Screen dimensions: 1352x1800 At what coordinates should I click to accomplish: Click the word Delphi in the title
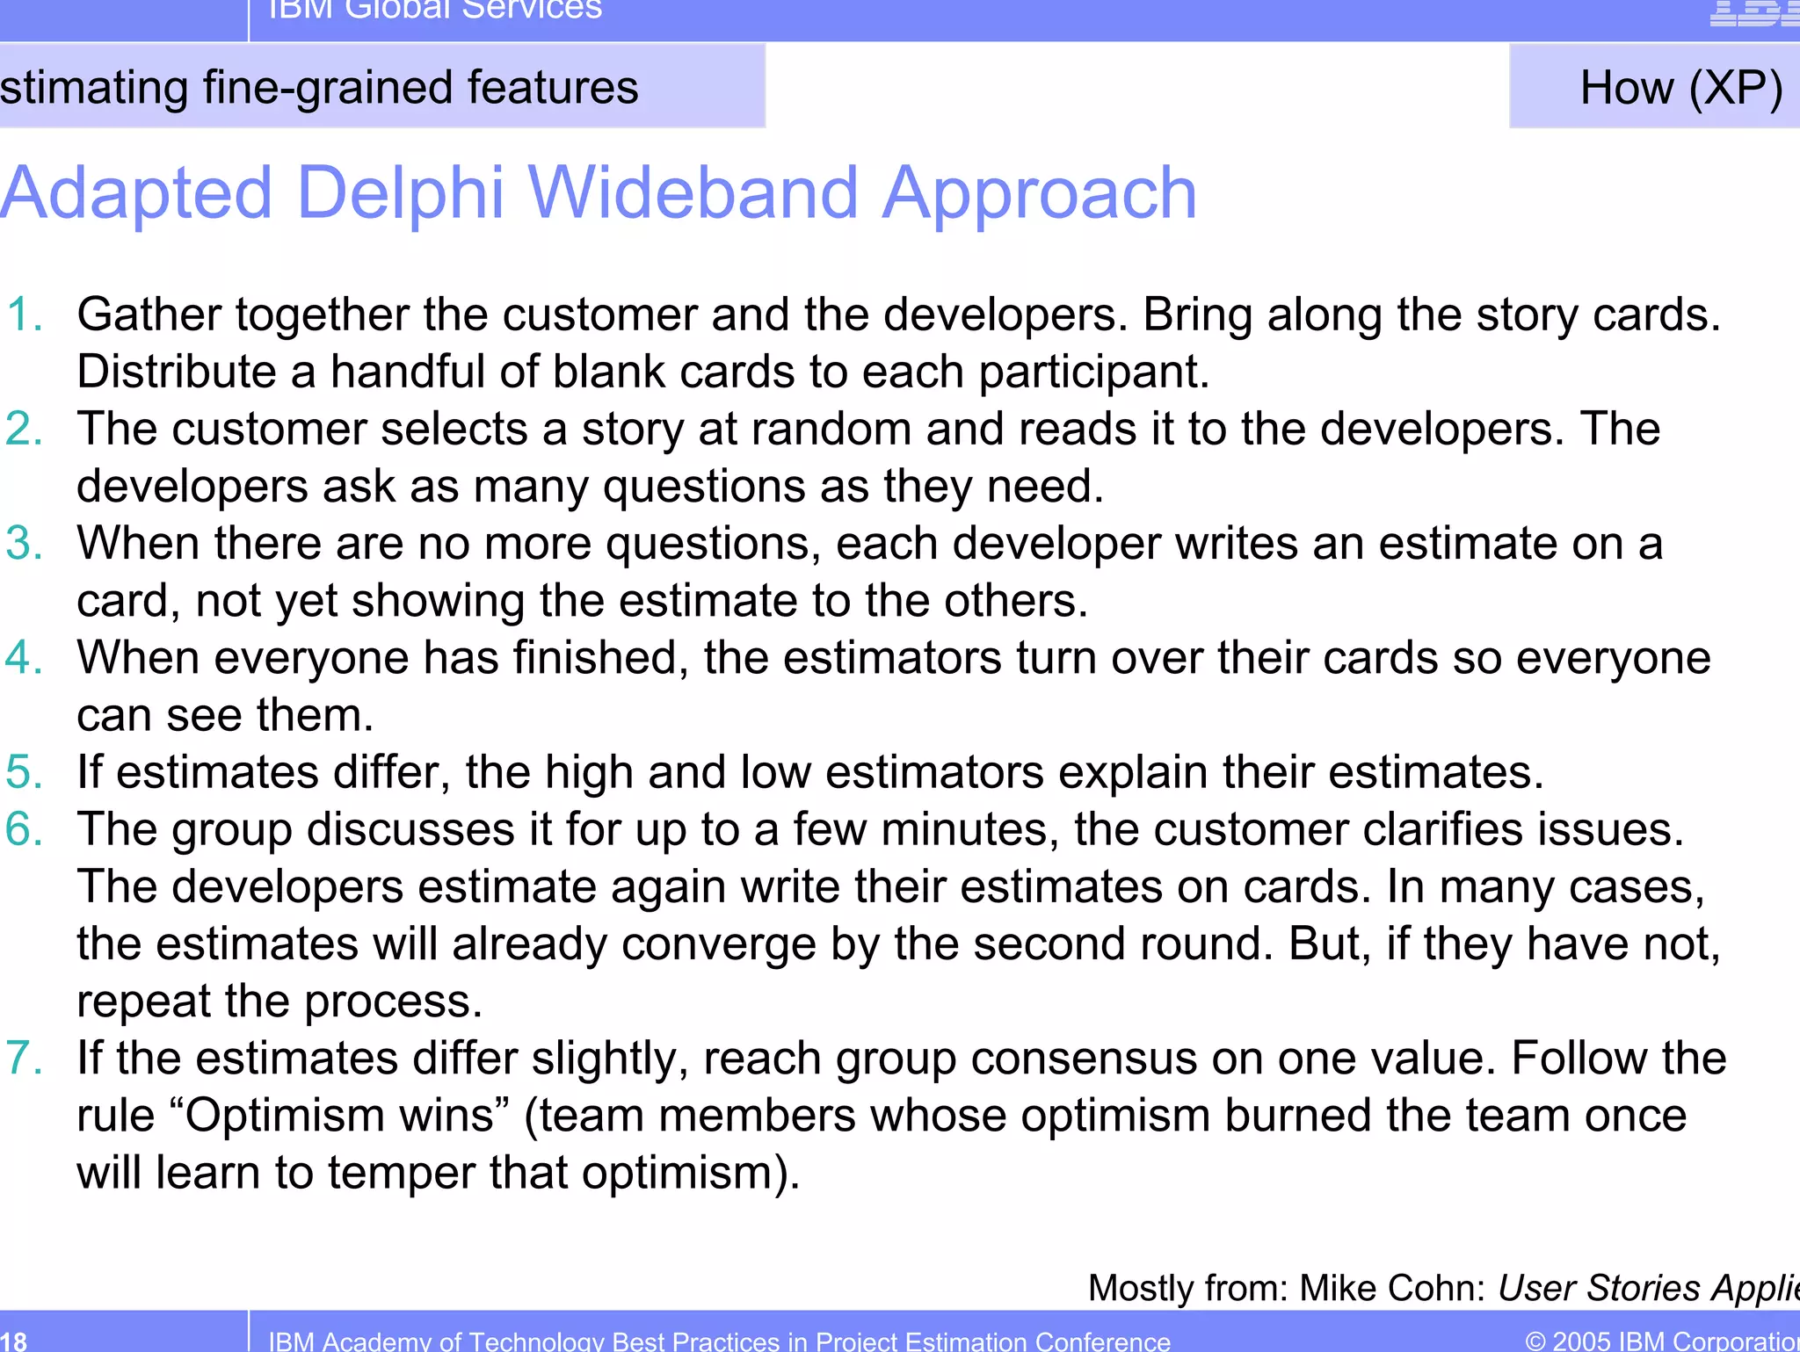[400, 193]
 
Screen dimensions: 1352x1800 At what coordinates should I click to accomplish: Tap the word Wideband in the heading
[692, 193]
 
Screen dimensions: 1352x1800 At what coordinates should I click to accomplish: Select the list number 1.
[25, 315]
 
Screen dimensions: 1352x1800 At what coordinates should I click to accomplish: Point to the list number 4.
[25, 657]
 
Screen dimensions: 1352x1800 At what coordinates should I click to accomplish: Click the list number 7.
[25, 1058]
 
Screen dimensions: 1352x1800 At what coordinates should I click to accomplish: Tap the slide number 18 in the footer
[13, 1341]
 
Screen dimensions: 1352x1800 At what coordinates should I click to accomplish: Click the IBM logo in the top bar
[1753, 12]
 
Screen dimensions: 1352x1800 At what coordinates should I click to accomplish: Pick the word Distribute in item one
[176, 372]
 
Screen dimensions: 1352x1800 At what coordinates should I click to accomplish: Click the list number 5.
[25, 772]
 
